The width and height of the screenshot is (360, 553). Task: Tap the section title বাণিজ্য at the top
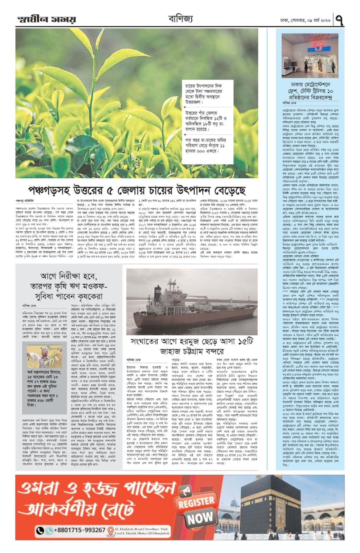[x=180, y=18]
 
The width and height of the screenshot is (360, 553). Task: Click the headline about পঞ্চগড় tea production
[x=137, y=190]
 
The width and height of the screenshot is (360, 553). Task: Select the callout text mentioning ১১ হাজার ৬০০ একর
[x=207, y=146]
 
